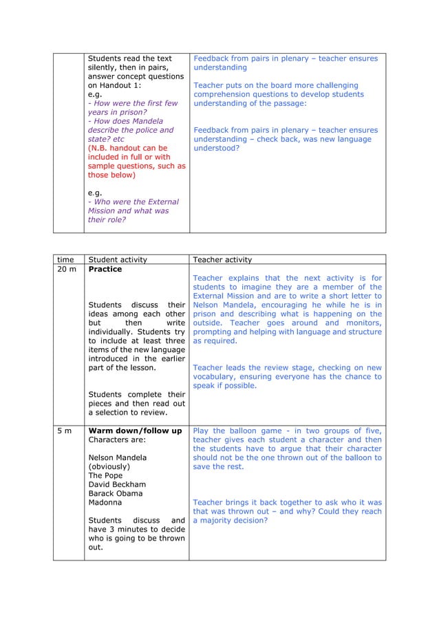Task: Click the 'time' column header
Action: point(65,260)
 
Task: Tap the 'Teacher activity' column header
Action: point(222,260)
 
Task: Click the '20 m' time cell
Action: point(67,270)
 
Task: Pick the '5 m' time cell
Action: point(64,431)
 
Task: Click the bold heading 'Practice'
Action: point(105,270)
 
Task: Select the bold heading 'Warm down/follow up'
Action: point(135,431)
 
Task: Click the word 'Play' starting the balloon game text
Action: point(202,431)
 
